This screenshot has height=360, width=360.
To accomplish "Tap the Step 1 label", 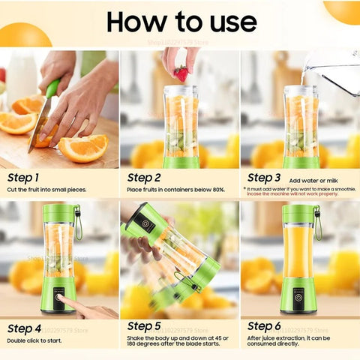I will pos(23,178).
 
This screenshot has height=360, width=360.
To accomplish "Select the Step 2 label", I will pos(143,178).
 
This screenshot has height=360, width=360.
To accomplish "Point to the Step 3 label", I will pos(263,178).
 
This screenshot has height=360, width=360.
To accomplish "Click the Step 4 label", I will pos(24,328).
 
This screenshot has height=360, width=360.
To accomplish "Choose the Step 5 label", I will pos(144,326).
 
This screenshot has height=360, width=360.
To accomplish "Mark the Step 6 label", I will pos(264,326).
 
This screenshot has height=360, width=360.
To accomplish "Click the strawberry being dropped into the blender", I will pos(181,73).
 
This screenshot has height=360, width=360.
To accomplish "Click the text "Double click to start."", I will pos(35,340).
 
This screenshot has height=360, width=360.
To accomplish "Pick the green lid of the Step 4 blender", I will pos(58,213).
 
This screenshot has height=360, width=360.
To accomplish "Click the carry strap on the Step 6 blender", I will pos(317,222).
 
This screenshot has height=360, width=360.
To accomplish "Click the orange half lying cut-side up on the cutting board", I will pos(83,148).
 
